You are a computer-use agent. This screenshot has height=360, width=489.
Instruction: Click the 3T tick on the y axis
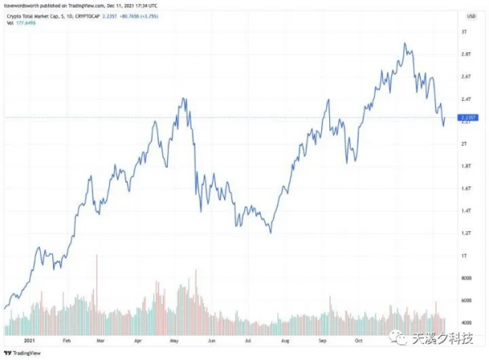464,32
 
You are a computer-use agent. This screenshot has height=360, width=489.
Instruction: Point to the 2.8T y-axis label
465,54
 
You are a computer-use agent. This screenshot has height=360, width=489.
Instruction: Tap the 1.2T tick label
465,233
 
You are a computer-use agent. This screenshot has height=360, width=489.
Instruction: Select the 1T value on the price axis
463,256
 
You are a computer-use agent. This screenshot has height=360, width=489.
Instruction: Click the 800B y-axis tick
466,279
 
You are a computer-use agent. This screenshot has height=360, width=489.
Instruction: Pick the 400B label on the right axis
466,323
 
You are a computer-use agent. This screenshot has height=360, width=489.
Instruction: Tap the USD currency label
469,15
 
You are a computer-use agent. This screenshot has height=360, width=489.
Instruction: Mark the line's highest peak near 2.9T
405,43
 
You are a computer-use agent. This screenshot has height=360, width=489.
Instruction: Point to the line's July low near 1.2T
271,232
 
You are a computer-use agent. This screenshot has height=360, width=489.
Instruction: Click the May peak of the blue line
184,99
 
